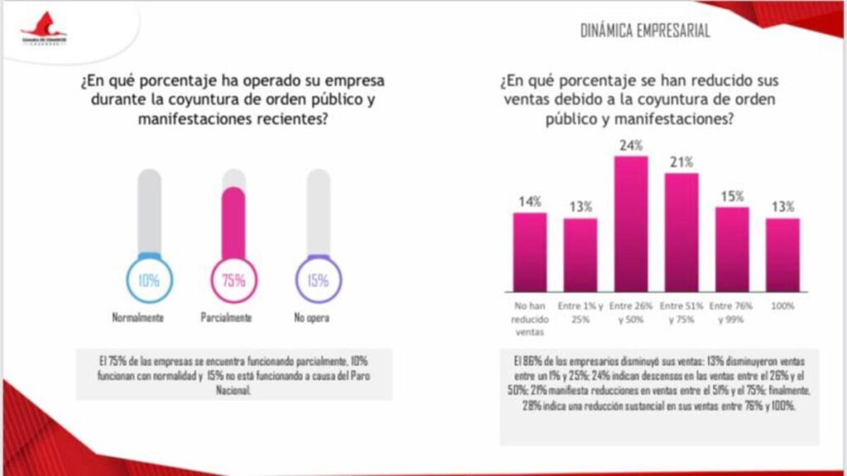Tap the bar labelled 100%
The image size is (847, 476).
tap(782, 255)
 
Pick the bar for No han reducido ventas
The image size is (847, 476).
tap(529, 251)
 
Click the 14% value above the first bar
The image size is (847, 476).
tap(529, 201)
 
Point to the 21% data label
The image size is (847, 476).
tap(682, 161)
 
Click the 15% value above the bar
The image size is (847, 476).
tap(732, 196)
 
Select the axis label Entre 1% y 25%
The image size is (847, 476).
tap(580, 312)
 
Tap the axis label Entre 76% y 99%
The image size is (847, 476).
tap(732, 312)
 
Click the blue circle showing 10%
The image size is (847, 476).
tap(149, 280)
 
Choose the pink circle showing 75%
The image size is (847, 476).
tap(234, 280)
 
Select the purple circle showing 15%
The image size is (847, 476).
tap(318, 280)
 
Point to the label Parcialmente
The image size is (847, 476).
tap(225, 318)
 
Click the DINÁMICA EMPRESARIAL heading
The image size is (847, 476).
tap(646, 31)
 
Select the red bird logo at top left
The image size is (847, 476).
tap(45, 26)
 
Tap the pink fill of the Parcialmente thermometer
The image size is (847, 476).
tap(234, 223)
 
